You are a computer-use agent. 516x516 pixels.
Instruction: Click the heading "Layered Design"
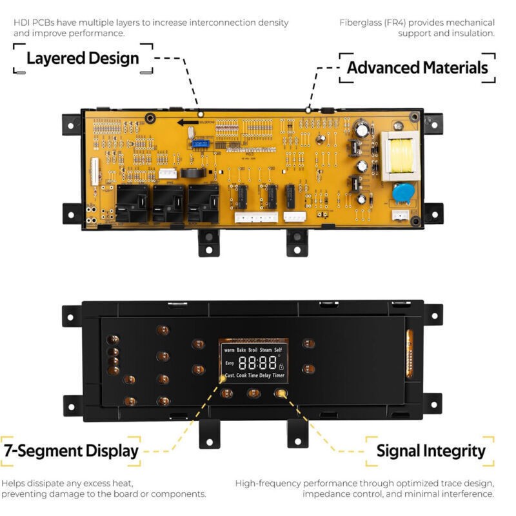click(x=83, y=58)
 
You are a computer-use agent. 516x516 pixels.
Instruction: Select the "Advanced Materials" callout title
click(x=417, y=68)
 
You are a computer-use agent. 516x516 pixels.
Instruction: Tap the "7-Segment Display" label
click(x=71, y=450)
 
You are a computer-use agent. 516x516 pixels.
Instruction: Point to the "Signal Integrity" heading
click(x=431, y=450)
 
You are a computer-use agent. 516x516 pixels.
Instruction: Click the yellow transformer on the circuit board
click(x=399, y=157)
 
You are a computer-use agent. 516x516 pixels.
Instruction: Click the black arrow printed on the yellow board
click(x=188, y=122)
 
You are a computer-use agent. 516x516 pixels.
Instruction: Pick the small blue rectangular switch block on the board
click(x=200, y=144)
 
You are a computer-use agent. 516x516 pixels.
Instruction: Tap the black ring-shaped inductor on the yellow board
click(x=190, y=172)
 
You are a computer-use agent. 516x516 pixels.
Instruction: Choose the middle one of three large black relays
click(x=168, y=203)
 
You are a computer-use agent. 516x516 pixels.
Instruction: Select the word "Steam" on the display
click(x=266, y=350)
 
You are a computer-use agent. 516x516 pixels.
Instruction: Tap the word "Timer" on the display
click(x=278, y=375)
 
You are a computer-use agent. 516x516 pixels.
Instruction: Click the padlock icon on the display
click(x=281, y=366)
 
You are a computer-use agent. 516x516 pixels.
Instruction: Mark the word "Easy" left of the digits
click(x=229, y=362)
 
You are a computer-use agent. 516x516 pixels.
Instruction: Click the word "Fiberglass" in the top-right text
click(x=359, y=23)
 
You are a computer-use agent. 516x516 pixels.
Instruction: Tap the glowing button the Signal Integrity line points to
click(x=280, y=392)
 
